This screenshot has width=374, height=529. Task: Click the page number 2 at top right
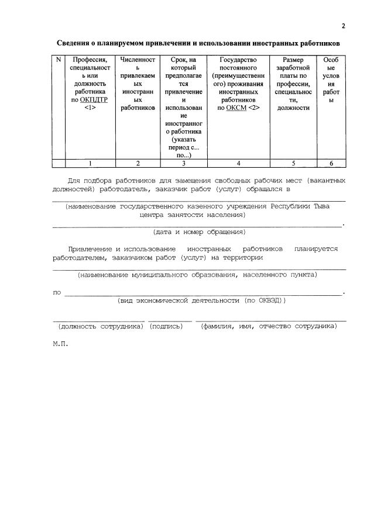(x=344, y=26)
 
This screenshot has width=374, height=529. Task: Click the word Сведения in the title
(x=74, y=43)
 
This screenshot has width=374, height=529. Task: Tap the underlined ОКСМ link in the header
(x=236, y=108)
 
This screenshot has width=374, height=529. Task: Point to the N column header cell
(x=58, y=60)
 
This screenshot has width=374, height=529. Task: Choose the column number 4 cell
(x=238, y=164)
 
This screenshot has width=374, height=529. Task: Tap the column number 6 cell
(x=331, y=164)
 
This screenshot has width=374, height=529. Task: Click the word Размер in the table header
(x=293, y=60)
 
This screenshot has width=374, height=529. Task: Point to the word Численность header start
(x=138, y=60)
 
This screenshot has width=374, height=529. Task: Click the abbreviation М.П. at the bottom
(x=60, y=344)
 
